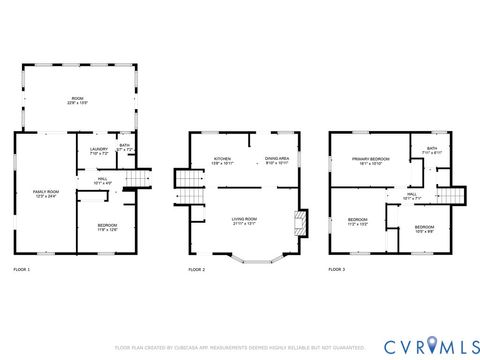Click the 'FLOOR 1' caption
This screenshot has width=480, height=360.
pos(22,270)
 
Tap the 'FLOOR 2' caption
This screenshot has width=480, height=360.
pos(196,270)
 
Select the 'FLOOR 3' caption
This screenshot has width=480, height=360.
pos(337,270)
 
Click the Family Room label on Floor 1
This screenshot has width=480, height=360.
pos(46,193)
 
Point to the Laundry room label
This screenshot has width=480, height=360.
pos(98,151)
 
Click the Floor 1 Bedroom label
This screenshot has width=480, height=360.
pos(107,227)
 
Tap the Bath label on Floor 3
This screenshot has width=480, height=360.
pos(432,150)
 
